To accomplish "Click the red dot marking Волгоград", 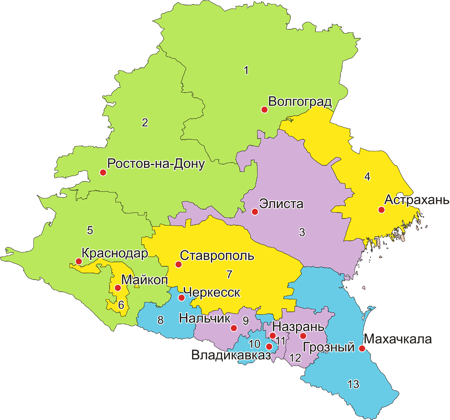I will (x=264, y=109).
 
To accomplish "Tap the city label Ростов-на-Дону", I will (x=156, y=164).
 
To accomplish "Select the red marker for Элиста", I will (x=255, y=212).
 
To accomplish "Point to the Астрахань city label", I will (x=417, y=200).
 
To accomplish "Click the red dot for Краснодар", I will (x=79, y=261).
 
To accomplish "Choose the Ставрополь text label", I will (x=217, y=256).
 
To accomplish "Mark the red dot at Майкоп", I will (x=118, y=288).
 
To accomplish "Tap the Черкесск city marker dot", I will (x=181, y=298).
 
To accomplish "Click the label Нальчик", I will (x=204, y=318).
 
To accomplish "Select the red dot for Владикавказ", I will (x=269, y=346).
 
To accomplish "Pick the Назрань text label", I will (x=298, y=326).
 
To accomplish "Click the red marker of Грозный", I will (x=303, y=336).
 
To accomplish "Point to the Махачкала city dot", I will (x=362, y=348).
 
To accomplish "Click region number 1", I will (x=246, y=70).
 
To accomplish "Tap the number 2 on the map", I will (x=145, y=123).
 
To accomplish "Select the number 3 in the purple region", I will (x=302, y=232).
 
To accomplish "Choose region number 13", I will (x=353, y=384).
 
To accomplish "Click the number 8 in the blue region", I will (x=160, y=320).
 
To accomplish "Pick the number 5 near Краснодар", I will (x=90, y=230).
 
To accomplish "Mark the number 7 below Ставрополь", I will (x=229, y=274).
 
